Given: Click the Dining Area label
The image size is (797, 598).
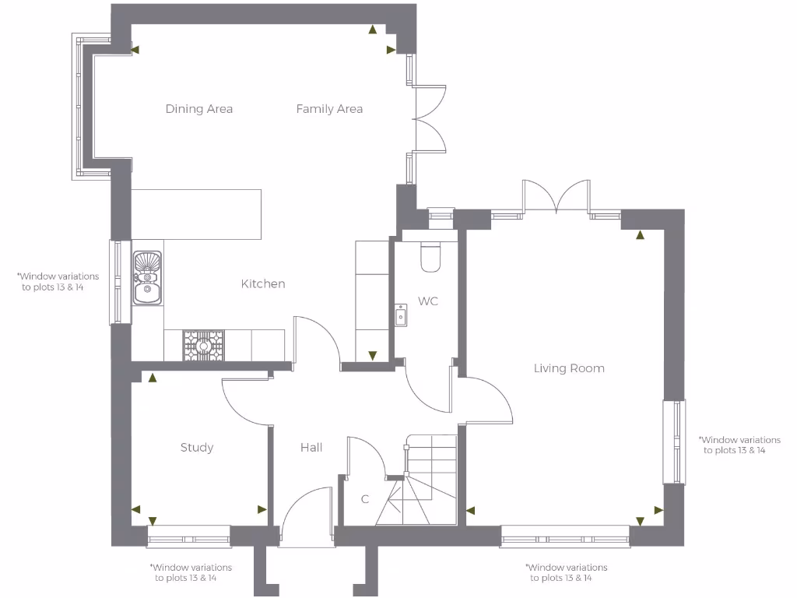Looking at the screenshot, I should [199, 109].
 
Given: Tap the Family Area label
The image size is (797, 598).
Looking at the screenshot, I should [329, 109].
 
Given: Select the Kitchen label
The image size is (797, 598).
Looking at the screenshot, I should [263, 284].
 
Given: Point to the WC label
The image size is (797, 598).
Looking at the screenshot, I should [428, 301].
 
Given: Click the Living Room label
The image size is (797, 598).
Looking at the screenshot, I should [569, 368].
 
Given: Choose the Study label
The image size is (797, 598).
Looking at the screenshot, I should [197, 448].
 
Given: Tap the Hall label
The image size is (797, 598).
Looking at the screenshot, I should [311, 448].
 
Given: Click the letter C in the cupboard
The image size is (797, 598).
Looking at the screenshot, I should [364, 499].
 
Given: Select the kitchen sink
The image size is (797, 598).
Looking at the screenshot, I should [147, 278].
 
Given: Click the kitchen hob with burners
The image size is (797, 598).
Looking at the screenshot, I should [203, 345].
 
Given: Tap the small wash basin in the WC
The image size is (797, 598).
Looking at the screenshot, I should [401, 315].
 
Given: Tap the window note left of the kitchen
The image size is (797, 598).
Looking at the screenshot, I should [58, 282].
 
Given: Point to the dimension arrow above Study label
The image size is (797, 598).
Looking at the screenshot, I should [153, 378].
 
